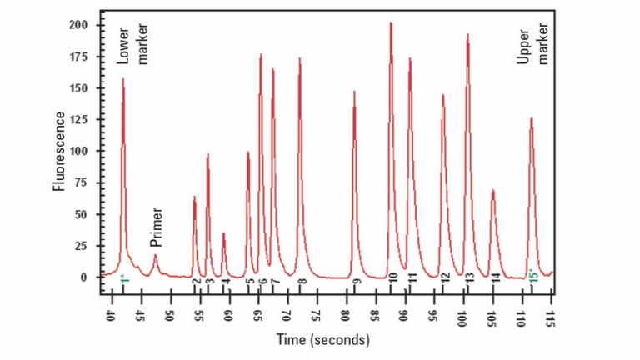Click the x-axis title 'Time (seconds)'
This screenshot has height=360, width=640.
[x=323, y=340]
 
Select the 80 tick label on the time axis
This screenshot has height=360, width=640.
[x=345, y=317]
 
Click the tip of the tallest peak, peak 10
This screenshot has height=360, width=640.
[x=390, y=23]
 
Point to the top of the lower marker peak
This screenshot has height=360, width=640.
[x=123, y=80]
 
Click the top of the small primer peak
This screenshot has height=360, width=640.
[x=155, y=256]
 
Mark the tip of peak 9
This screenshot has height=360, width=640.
[x=354, y=92]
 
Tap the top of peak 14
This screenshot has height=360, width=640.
[x=492, y=191]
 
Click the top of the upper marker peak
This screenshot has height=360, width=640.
[x=531, y=118]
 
